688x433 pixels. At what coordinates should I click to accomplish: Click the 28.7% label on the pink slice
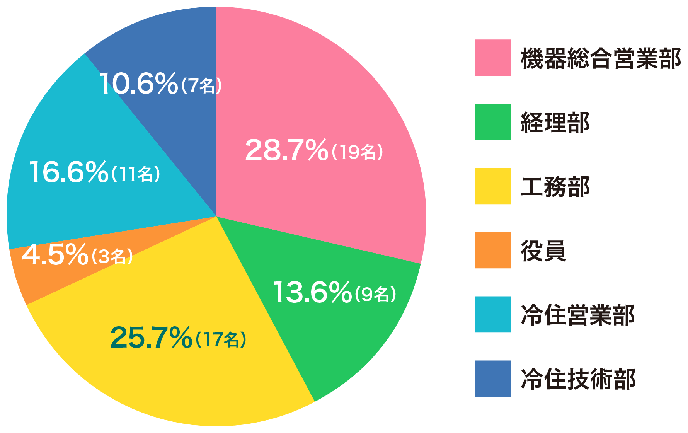286,150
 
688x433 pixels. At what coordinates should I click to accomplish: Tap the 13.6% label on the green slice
312,293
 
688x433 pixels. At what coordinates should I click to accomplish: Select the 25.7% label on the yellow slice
151,338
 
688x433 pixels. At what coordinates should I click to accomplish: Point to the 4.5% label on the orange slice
55,255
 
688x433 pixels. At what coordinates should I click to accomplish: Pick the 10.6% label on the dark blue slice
138,84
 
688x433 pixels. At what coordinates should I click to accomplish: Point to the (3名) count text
112,256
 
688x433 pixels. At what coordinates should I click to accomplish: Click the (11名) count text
136,174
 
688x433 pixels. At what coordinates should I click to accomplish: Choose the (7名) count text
201,85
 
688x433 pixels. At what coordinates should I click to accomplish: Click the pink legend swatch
493,58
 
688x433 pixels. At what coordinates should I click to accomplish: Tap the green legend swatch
493,122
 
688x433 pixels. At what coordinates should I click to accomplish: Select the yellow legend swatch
493,186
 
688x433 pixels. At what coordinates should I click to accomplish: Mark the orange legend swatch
493,250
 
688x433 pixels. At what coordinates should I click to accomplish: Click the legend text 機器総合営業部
601,58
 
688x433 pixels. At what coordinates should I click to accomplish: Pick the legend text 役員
543,251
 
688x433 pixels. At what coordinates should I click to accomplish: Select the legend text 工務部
555,187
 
